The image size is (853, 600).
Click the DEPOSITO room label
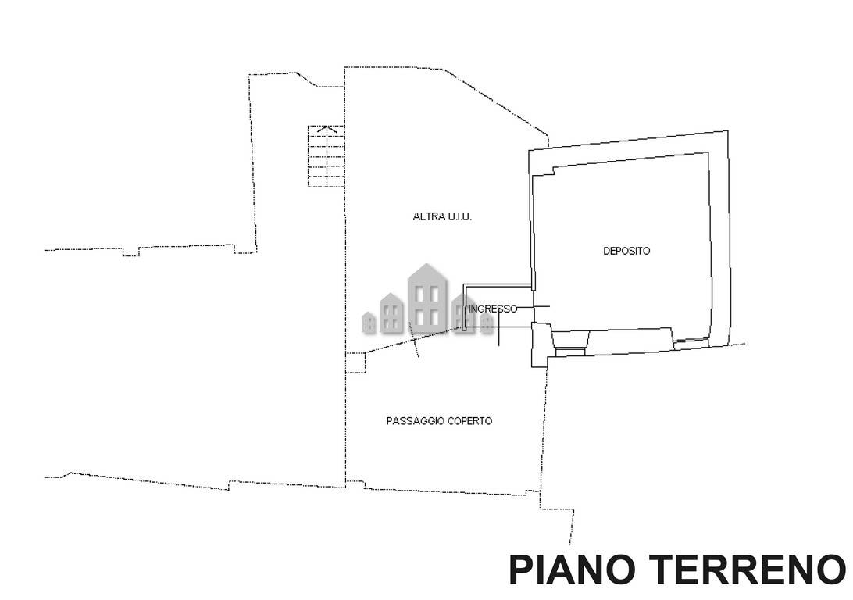click(626, 251)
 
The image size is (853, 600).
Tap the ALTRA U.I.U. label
click(442, 216)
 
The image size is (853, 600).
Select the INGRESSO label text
click(493, 309)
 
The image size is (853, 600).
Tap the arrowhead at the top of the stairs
click(327, 129)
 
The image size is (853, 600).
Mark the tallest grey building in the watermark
click(427, 298)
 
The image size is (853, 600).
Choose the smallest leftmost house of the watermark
click(369, 323)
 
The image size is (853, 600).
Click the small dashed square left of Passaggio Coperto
click(355, 362)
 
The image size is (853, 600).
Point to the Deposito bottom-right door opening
click(691, 341)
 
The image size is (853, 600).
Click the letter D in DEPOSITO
click(607, 251)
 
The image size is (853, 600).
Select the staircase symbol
click(327, 157)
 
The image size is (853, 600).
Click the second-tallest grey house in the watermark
click(391, 312)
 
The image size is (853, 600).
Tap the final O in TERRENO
click(830, 570)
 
